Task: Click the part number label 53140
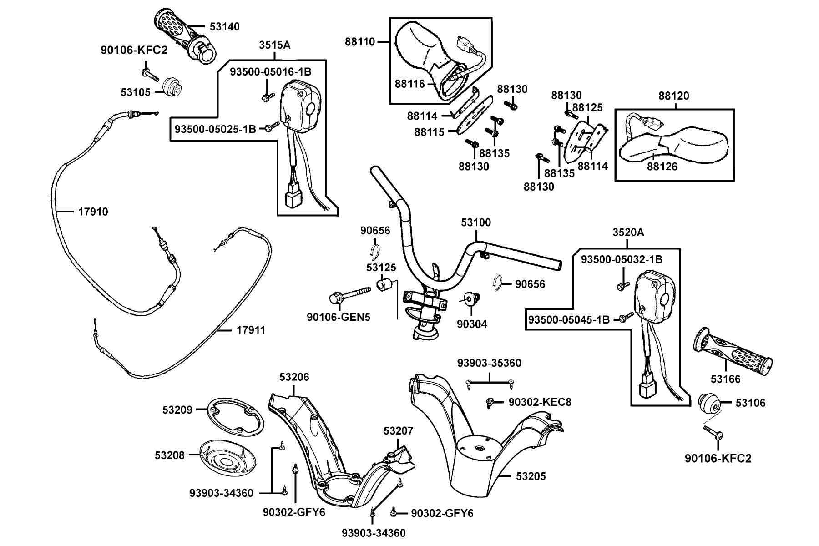[x=224, y=27]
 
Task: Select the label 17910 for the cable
[x=93, y=212]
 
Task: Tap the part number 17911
[x=251, y=330]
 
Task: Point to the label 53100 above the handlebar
[x=476, y=222]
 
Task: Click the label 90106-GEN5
[x=338, y=317]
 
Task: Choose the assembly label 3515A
[x=275, y=45]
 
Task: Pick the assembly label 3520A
[x=628, y=233]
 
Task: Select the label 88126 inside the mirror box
[x=662, y=167]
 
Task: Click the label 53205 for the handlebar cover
[x=531, y=476]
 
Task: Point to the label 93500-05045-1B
[x=569, y=320]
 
